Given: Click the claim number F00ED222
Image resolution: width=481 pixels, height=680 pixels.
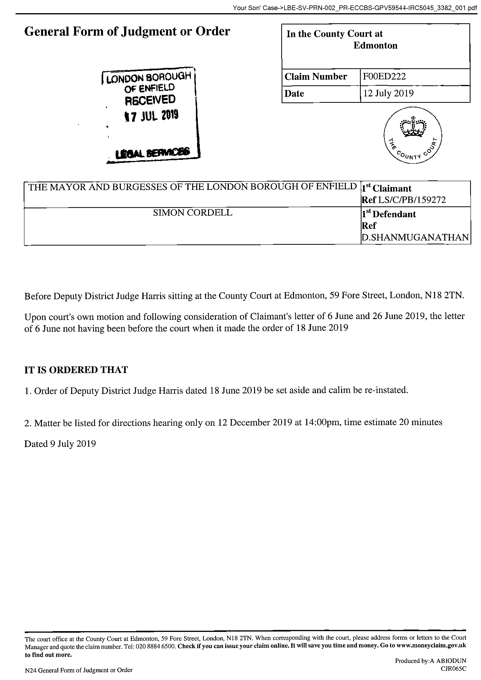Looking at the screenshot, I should (x=384, y=76).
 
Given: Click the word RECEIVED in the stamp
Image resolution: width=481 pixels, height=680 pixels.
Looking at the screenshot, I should (x=150, y=100).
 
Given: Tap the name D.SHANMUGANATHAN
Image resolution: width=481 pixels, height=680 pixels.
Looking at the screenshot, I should (x=416, y=237).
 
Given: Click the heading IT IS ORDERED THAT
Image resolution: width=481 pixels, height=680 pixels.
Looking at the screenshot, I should (x=76, y=370).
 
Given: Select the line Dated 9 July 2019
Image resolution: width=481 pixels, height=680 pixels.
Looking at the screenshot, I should (x=60, y=444).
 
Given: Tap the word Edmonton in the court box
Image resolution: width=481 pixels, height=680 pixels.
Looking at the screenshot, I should (x=375, y=45).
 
